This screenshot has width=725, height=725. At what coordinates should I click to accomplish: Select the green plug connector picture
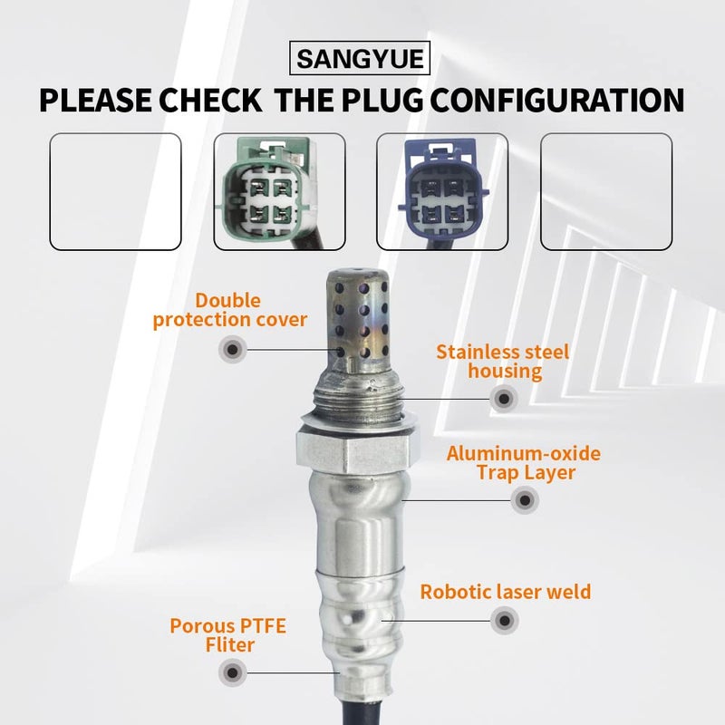pyautogui.click(x=278, y=191)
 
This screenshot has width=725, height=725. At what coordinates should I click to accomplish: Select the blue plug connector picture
pyautogui.click(x=441, y=191)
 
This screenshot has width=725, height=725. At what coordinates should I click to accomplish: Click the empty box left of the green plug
pyautogui.click(x=115, y=191)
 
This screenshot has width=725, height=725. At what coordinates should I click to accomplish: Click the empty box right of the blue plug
pyautogui.click(x=605, y=191)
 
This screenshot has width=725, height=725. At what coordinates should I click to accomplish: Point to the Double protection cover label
pyautogui.click(x=230, y=310)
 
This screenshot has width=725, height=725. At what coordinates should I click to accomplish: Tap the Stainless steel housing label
pyautogui.click(x=502, y=361)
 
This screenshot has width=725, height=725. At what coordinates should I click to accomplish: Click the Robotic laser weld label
pyautogui.click(x=505, y=592)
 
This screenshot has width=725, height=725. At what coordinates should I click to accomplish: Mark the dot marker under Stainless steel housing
pyautogui.click(x=503, y=397)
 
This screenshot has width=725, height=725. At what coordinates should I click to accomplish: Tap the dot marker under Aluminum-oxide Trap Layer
pyautogui.click(x=523, y=499)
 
